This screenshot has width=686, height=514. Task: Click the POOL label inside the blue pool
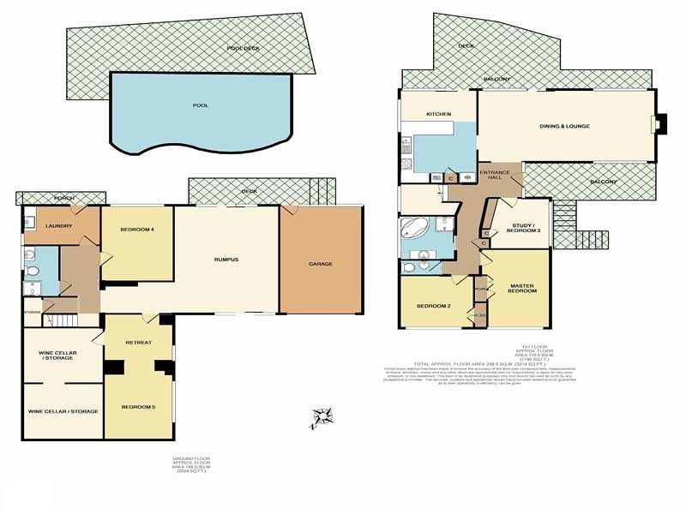pos(201,105)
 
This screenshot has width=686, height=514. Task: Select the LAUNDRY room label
pos(59,226)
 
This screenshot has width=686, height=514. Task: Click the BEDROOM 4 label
pos(138,229)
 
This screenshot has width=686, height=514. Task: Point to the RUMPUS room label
pos(226,259)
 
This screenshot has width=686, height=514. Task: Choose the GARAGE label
pos(321,263)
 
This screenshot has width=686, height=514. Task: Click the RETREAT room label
pos(138,342)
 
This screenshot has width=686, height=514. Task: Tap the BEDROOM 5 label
pos(138,406)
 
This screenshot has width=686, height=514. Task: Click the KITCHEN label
pos(439,114)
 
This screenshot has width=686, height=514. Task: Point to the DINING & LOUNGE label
pos(564,127)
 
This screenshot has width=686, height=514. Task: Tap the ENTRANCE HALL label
pos(495,175)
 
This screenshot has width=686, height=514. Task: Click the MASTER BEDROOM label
pos(522,289)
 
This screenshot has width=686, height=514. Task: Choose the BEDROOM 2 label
pos(434,306)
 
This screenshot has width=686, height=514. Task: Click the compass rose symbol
pos(322,416)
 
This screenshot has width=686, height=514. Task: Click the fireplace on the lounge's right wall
pos(658,125)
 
